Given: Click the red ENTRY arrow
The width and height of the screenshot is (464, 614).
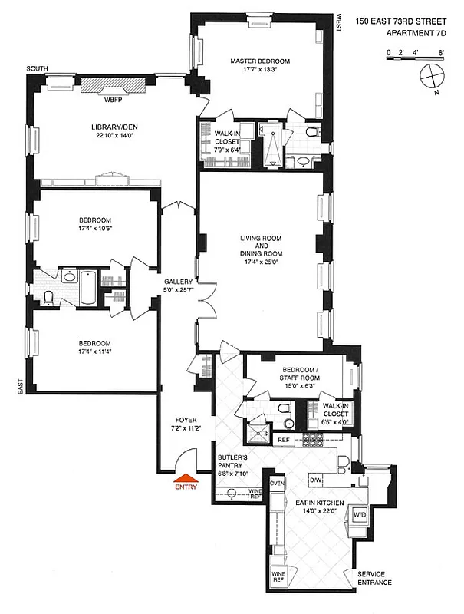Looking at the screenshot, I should point(186,477).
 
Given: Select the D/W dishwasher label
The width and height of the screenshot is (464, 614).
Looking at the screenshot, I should point(315,480).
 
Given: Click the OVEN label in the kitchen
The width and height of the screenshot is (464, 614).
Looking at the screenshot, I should point(277,484).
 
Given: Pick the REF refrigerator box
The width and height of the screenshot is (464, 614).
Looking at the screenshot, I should point(283,439).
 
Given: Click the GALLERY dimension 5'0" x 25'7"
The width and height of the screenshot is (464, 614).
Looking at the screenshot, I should point(177,290).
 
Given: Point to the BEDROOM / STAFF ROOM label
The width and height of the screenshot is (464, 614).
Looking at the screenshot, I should point(299,370).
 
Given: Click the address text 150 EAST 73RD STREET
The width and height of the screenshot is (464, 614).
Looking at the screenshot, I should point(400,25).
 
